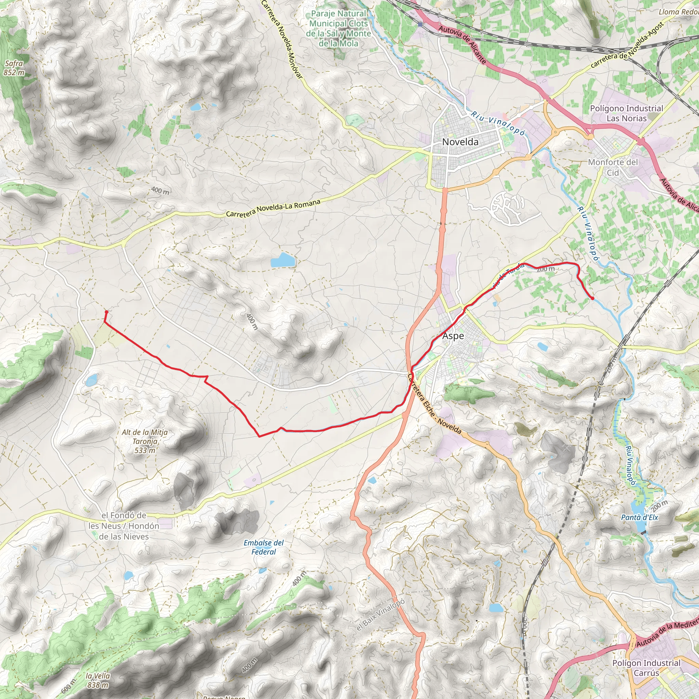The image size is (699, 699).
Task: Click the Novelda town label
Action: (460, 142)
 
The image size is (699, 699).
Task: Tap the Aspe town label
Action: (453, 336)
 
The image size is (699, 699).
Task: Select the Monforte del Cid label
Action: (613, 167)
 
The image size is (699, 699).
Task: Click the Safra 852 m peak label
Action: (14, 68)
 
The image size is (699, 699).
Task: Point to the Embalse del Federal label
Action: (264, 547)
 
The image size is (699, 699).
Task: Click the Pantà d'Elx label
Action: (640, 517)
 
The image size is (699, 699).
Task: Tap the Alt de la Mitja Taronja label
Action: (145, 441)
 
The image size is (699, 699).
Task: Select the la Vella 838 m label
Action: (98, 680)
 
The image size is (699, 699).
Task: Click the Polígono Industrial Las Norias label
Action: (627, 113)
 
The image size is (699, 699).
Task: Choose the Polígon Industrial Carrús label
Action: (646, 668)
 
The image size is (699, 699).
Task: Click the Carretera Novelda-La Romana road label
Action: (273, 209)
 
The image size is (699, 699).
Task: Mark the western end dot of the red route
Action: (106, 312)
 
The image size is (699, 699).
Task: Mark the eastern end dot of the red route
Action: (593, 298)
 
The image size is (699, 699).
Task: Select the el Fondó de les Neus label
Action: (124, 526)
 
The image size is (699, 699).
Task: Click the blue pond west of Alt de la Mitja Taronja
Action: (91, 380)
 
